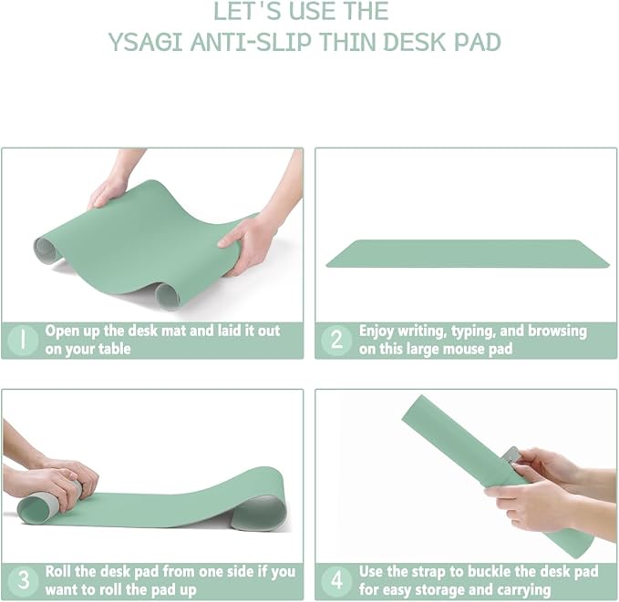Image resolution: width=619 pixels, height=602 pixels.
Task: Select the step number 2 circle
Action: [336, 340]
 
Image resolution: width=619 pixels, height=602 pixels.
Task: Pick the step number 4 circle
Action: [336, 580]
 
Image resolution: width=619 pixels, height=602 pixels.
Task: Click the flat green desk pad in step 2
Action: [467, 253]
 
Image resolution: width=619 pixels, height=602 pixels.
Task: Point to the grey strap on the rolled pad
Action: [511, 454]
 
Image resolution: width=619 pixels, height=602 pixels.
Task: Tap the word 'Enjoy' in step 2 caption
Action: [377, 332]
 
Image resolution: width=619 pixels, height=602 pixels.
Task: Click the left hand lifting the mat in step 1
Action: [108, 190]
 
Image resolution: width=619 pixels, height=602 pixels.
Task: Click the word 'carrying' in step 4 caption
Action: [521, 589]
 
